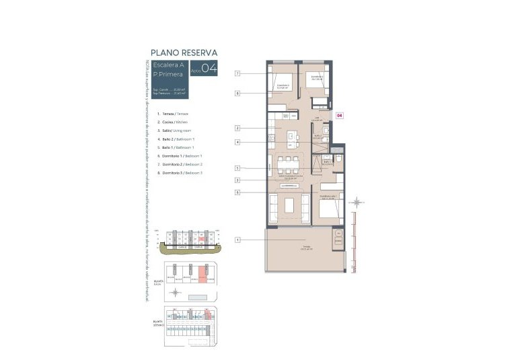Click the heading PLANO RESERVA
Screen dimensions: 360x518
pos(184,52)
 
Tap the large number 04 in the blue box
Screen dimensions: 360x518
pos(208,68)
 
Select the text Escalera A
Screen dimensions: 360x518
pos(170,65)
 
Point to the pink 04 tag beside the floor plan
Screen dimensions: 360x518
pos(339,115)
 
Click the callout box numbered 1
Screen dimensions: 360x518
pos(237,240)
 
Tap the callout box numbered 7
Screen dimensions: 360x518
pos(237,73)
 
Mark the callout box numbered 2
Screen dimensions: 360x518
pos(237,128)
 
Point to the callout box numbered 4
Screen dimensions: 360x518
pos(237,142)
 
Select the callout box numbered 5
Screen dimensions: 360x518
pos(237,168)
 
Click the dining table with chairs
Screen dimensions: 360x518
pos(289,164)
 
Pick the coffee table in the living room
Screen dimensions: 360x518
pos(289,205)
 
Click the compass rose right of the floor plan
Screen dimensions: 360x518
pos(359,201)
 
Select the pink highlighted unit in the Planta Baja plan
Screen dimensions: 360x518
pos(202,273)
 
